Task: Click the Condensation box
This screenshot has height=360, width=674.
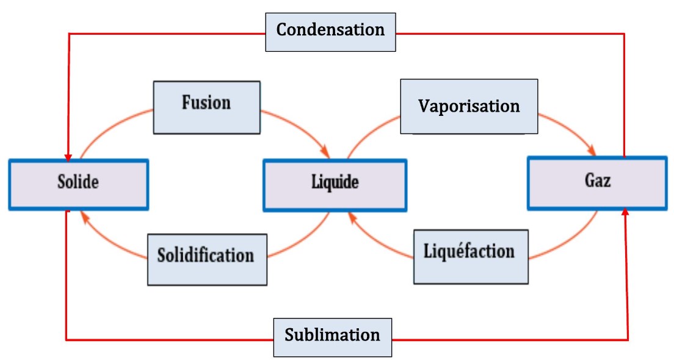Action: click(x=330, y=31)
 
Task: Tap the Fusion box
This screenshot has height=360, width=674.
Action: click(x=206, y=107)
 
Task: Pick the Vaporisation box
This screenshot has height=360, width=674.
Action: click(x=469, y=106)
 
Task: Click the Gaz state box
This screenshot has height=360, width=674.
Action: click(x=597, y=182)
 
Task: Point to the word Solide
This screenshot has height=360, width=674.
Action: click(x=78, y=182)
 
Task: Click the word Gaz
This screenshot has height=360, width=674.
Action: click(x=597, y=181)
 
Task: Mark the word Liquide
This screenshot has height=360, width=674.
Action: click(x=335, y=182)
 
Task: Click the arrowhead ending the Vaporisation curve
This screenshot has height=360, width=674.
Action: click(x=592, y=151)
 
